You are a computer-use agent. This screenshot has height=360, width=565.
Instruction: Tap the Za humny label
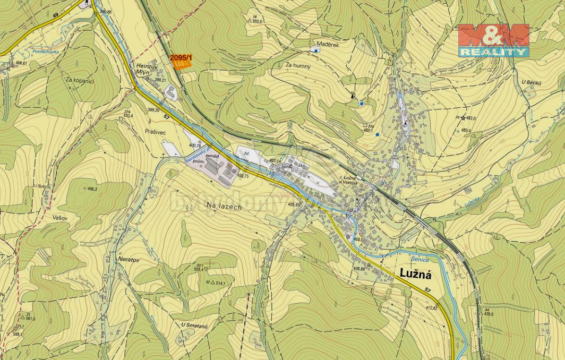(298, 66)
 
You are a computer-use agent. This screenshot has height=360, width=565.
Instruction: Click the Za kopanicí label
(80, 80)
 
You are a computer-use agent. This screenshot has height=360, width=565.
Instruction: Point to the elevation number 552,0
(258, 22)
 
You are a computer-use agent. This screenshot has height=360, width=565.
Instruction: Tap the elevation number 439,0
(472, 314)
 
